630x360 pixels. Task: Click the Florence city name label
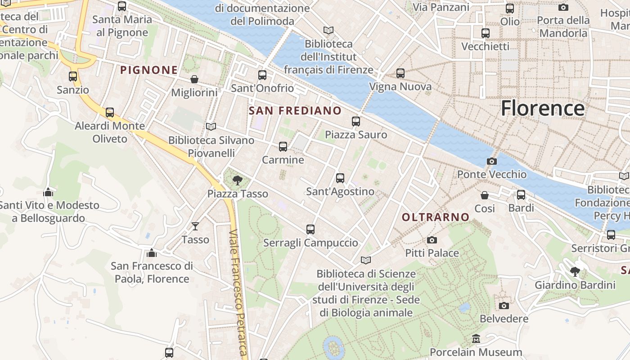(x=543, y=108)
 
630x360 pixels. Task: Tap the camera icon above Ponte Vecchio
(x=492, y=161)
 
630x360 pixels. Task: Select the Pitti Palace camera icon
(x=432, y=240)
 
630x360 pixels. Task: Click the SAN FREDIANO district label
(x=295, y=111)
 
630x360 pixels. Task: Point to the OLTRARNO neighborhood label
(x=435, y=217)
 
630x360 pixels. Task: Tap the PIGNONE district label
(x=149, y=70)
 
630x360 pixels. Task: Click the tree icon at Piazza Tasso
(x=237, y=181)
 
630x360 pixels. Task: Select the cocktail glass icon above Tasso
(x=195, y=226)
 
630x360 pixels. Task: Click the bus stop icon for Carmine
(x=283, y=147)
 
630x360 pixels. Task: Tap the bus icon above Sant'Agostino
(x=340, y=178)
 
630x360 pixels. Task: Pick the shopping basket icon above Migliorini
(x=194, y=79)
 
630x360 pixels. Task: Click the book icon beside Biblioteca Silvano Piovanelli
(x=211, y=127)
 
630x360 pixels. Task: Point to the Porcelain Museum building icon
(x=476, y=338)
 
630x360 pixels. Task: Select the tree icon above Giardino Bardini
(x=575, y=271)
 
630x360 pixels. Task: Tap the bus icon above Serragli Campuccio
(x=310, y=229)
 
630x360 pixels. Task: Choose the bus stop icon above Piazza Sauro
(x=356, y=121)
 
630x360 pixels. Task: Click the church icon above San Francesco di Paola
(x=152, y=253)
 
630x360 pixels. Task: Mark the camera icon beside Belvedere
(x=504, y=306)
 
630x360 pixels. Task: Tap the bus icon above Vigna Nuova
(x=400, y=73)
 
